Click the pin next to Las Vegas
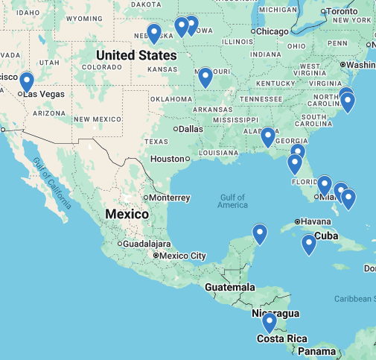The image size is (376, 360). pos(27,80)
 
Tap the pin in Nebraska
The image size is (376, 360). pos(154,33)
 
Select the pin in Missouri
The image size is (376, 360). pos(205,76)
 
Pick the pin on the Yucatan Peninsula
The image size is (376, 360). pos(260,233)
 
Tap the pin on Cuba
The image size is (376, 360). pos(308,244)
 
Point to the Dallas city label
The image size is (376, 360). pos(191,128)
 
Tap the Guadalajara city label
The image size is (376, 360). pos(147,244)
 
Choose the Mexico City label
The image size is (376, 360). pos(182,256)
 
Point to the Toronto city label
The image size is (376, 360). pos(342,12)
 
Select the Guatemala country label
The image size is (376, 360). pos(231,288)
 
